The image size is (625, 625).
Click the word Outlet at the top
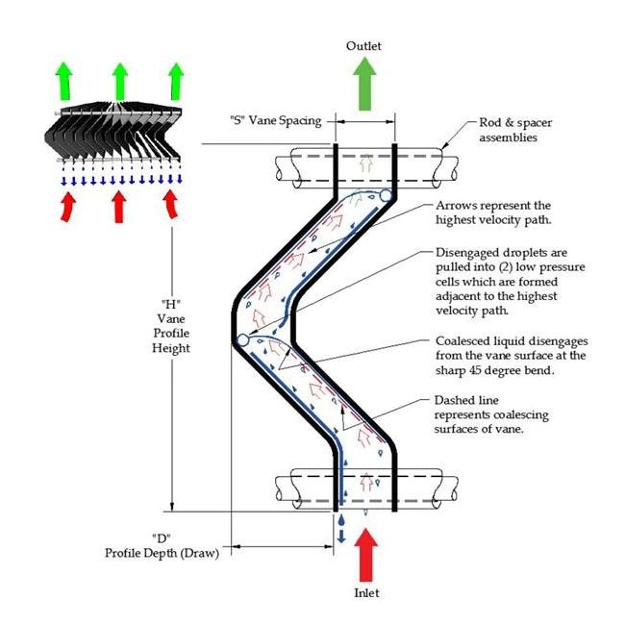tap(364, 46)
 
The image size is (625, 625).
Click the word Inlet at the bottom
tap(364, 593)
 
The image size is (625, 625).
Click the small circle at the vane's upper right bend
tap(386, 196)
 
